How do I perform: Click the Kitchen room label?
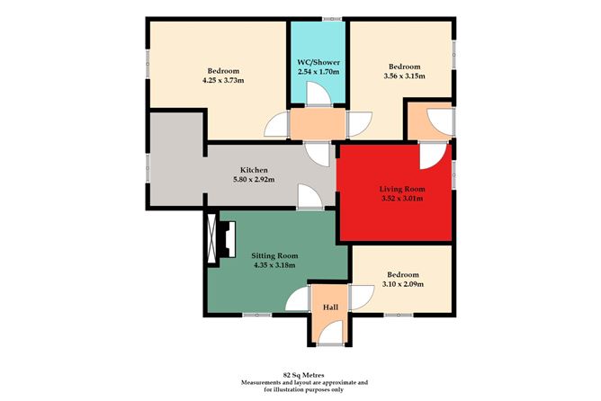pos(251,169)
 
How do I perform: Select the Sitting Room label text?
pos(274,255)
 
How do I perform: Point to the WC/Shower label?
pos(318,63)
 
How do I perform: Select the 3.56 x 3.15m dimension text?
pos(403,77)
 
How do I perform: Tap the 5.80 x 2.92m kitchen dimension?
pos(251,180)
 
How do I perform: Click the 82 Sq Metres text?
pos(300,372)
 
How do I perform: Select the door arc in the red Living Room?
pos(433,157)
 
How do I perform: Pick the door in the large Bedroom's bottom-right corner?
pos(276,125)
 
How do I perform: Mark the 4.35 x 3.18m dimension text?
pos(274,266)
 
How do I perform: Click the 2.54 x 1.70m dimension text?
pos(318,74)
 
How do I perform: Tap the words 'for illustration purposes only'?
pos(300,388)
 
